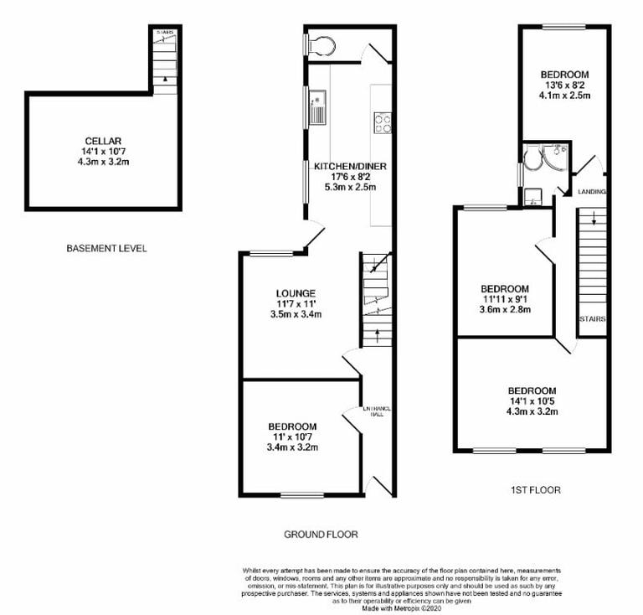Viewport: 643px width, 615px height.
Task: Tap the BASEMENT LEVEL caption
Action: [105, 249]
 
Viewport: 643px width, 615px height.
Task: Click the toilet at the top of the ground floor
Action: [321, 44]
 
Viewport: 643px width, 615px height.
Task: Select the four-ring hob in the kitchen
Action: [383, 123]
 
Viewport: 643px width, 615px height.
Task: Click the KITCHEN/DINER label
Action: [350, 167]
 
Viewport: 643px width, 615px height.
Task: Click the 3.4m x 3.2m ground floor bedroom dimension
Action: [293, 447]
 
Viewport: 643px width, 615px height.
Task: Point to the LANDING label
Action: [592, 192]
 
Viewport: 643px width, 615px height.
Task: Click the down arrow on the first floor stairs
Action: [594, 220]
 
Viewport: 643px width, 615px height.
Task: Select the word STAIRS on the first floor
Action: [592, 319]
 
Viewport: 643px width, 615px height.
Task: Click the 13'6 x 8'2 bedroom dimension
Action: [563, 85]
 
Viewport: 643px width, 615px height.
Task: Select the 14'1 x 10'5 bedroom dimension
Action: [532, 401]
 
